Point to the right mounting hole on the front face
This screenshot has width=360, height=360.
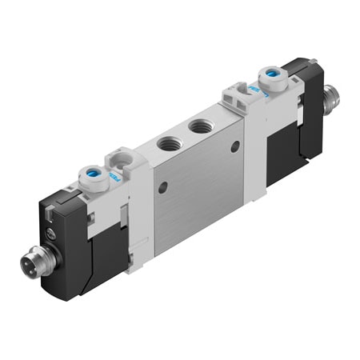coord(234,146)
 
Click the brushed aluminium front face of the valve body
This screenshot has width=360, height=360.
coord(200,192)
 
